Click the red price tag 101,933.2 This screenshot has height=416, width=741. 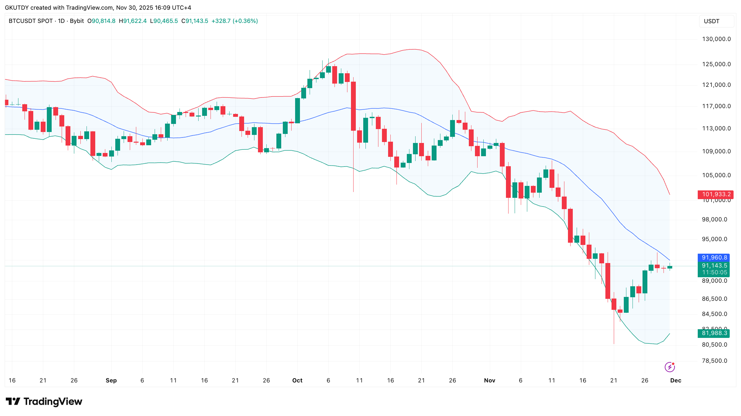[715, 194]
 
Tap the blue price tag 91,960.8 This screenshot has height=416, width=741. [715, 258]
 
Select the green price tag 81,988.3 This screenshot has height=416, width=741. [715, 333]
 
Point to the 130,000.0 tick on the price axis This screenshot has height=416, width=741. [716, 39]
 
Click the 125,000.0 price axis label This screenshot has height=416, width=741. [716, 64]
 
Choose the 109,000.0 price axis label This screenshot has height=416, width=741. [716, 151]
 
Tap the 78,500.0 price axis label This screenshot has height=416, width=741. [715, 361]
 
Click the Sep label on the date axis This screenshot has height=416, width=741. [111, 380]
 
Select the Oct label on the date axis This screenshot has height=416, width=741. [297, 380]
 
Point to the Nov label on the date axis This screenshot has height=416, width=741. [489, 380]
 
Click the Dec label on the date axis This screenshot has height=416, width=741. [675, 380]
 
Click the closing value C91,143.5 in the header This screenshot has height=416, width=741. [195, 21]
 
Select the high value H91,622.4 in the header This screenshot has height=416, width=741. [133, 21]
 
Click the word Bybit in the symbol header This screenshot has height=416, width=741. [77, 21]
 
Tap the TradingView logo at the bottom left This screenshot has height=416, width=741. [44, 401]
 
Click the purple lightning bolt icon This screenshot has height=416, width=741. [670, 367]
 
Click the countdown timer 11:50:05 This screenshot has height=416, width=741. [715, 272]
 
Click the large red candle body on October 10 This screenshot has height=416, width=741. [354, 106]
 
